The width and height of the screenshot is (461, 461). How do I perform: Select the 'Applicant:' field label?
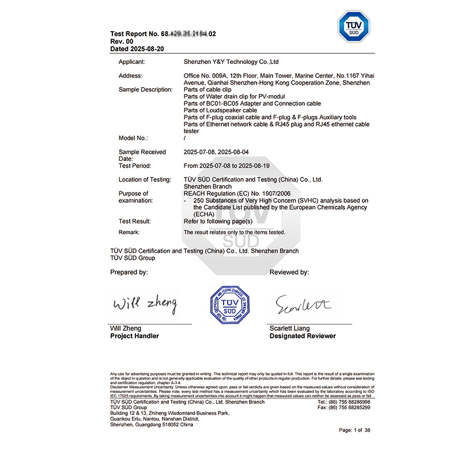131,61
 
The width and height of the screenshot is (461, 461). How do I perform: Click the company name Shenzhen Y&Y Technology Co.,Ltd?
231,61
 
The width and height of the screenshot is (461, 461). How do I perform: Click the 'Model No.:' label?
133,138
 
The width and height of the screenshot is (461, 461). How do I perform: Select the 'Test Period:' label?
135,166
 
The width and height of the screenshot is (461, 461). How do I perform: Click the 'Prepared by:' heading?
129,272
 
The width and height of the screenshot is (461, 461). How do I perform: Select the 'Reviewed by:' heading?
289,272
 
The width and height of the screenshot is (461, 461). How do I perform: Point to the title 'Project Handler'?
134,336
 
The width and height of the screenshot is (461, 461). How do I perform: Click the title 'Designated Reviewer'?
303,336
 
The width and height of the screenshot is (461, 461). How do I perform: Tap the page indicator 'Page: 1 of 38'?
354,430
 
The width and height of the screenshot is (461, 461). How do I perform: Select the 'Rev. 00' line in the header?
122,41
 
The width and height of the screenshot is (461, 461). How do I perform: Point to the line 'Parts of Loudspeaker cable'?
220,110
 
